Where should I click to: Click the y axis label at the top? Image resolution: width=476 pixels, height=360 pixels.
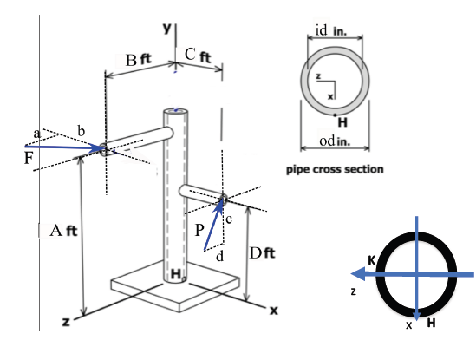point(166,28)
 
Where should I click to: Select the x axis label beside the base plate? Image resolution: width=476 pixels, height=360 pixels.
point(273,309)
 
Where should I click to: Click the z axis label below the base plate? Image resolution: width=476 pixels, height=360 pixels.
point(65,321)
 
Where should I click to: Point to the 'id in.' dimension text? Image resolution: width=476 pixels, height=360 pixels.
point(330,30)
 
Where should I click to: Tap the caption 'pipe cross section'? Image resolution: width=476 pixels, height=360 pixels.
point(335,168)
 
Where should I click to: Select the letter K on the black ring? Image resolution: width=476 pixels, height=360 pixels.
point(370,259)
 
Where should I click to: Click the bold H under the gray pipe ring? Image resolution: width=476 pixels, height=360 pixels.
point(342,121)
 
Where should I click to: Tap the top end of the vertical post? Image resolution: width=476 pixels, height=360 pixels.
point(175,110)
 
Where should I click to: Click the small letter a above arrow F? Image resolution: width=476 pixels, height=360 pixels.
point(36,133)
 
